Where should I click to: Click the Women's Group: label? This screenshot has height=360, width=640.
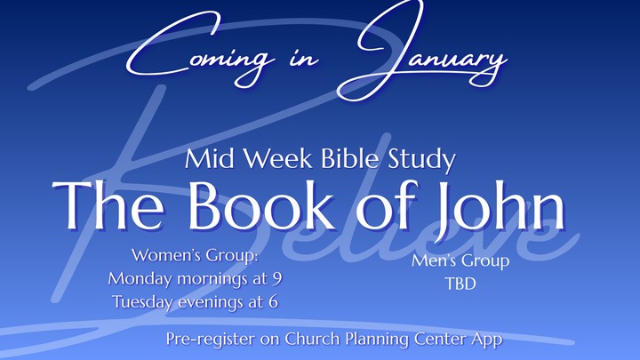pyautogui.click(x=194, y=258)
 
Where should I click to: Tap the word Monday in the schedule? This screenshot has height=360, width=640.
pyautogui.click(x=140, y=279)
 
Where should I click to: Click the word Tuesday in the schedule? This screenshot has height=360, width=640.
pyautogui.click(x=145, y=300)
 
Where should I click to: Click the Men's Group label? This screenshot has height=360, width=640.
pyautogui.click(x=460, y=261)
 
